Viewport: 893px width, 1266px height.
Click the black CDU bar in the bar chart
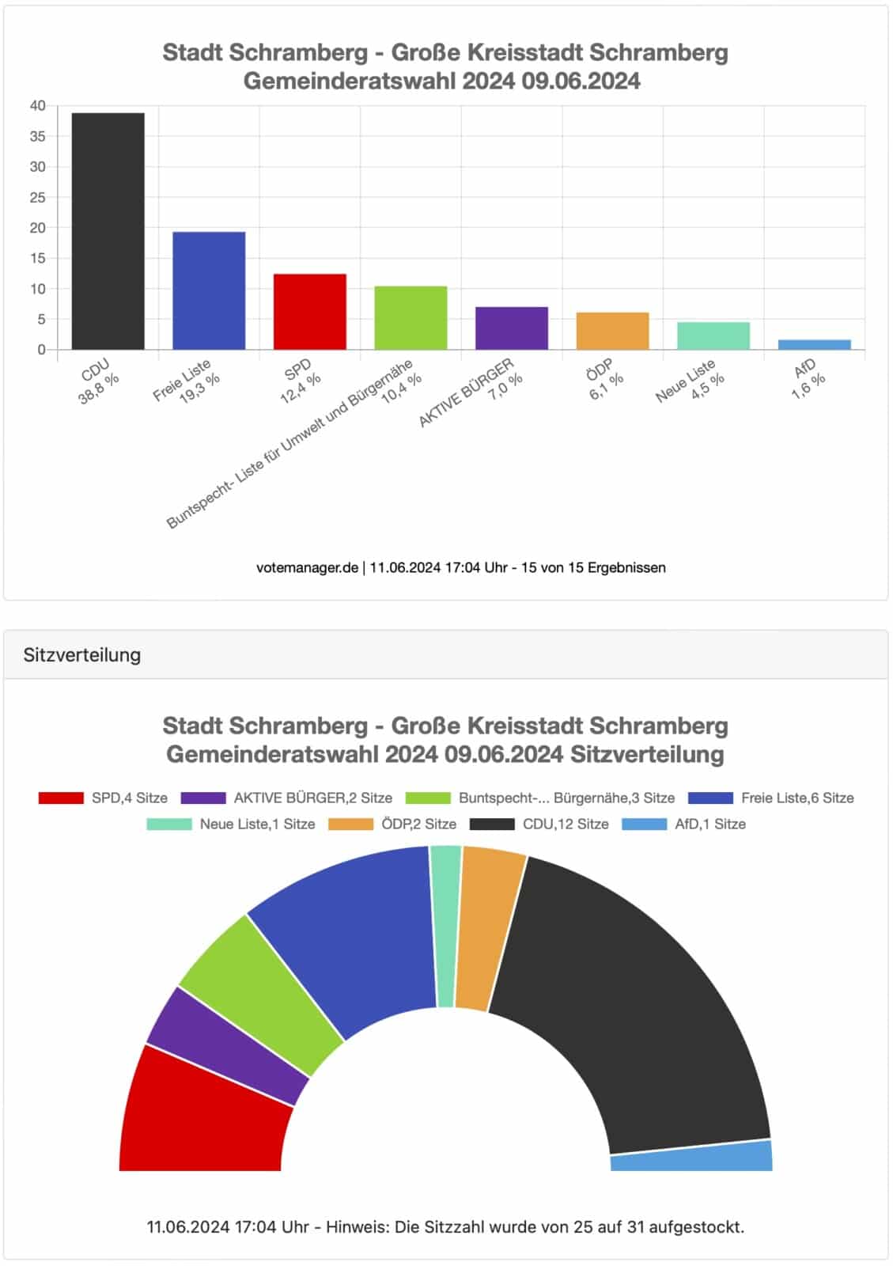(x=108, y=231)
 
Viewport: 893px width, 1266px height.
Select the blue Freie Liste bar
(x=209, y=290)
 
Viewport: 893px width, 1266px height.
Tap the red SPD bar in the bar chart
(x=309, y=312)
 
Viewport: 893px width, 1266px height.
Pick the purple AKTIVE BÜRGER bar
(x=511, y=328)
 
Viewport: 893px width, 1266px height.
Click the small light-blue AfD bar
(x=814, y=344)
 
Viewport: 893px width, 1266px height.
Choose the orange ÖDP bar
(x=612, y=331)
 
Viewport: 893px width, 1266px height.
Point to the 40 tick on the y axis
(x=37, y=105)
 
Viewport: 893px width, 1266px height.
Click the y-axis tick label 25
(x=37, y=197)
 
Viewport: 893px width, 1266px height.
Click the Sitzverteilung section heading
(x=82, y=654)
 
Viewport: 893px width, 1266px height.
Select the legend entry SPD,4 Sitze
(x=104, y=798)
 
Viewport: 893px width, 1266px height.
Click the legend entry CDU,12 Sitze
(x=539, y=824)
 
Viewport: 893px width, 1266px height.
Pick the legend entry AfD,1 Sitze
(x=684, y=824)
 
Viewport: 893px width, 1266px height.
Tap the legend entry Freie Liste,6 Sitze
(x=771, y=798)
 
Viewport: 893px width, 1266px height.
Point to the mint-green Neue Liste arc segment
(x=445, y=926)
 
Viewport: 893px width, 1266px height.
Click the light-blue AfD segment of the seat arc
(x=693, y=1157)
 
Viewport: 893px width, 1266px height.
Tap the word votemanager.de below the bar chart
(x=307, y=567)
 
